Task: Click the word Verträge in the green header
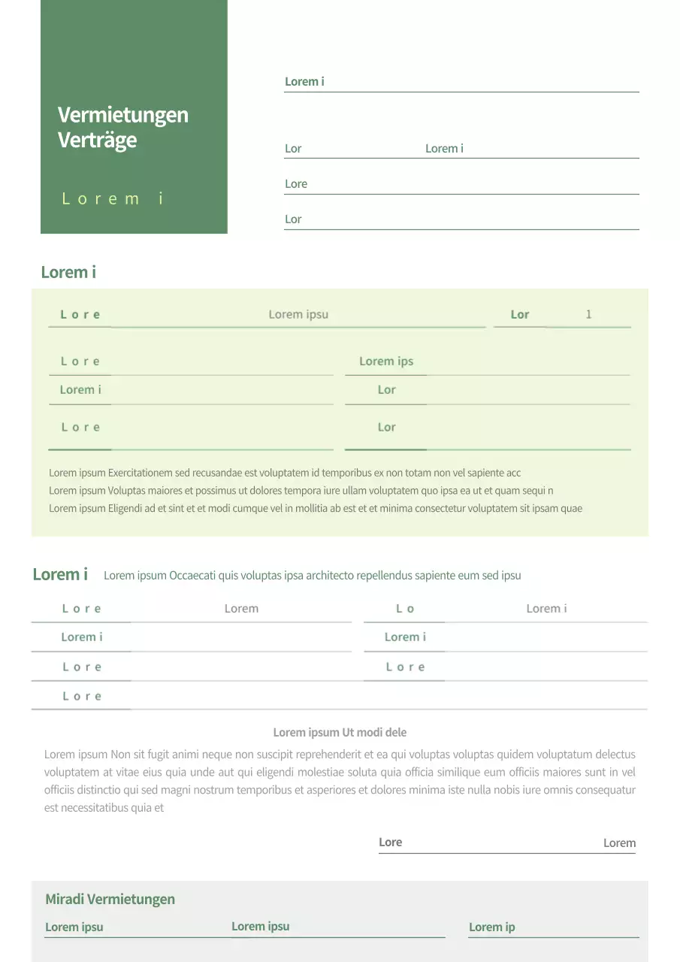click(x=97, y=140)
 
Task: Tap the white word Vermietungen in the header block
click(x=122, y=115)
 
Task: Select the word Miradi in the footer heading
click(x=65, y=899)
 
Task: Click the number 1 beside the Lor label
click(x=588, y=314)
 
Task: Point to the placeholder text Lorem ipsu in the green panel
click(x=298, y=314)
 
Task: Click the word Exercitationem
click(x=140, y=473)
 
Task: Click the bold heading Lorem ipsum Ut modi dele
click(x=340, y=732)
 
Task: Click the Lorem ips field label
click(x=386, y=362)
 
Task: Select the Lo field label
click(x=405, y=609)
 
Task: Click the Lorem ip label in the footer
click(x=491, y=927)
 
